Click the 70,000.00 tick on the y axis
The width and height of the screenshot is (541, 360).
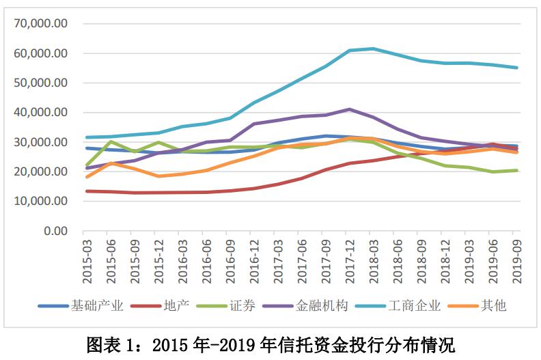point(42,23)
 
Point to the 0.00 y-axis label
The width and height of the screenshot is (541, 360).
point(55,231)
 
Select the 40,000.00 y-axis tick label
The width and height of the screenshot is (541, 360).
point(42,112)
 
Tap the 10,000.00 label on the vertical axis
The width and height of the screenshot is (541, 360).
point(42,201)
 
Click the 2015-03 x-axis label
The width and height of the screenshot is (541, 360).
point(87,259)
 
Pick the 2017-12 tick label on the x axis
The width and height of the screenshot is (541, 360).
point(350,259)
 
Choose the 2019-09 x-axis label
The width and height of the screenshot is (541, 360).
point(517,259)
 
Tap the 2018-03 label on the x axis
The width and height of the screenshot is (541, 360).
point(374,259)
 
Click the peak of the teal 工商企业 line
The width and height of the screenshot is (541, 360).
point(374,49)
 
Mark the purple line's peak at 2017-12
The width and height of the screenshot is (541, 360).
point(350,109)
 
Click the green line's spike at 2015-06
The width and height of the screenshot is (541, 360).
point(111,141)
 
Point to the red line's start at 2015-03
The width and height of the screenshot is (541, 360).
point(87,191)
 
